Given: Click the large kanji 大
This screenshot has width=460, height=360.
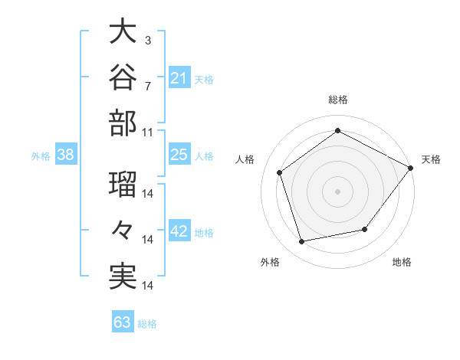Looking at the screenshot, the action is click(123, 31).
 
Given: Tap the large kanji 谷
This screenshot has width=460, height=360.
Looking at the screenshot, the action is click(123, 77).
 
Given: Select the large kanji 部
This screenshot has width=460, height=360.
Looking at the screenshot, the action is click(123, 123).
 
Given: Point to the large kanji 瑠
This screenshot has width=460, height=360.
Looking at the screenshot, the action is click(123, 184).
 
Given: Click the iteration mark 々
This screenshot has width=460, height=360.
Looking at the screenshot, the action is click(123, 230).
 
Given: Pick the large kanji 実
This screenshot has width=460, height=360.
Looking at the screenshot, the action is click(123, 276).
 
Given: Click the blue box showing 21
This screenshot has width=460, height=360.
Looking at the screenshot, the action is click(179, 77).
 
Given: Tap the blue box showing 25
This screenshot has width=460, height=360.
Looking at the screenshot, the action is click(179, 153).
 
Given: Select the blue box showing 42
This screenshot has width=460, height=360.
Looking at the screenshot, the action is click(179, 230).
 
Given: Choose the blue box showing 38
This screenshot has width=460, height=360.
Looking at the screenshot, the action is click(66, 153).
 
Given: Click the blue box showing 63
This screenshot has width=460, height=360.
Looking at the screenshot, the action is click(123, 321).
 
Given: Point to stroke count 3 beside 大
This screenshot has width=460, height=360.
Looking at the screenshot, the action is click(148, 41).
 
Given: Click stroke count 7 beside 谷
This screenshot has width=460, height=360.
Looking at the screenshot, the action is click(148, 87).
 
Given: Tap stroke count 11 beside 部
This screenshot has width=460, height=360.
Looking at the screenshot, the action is click(147, 133).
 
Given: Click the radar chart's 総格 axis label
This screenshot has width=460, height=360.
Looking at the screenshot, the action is click(338, 100).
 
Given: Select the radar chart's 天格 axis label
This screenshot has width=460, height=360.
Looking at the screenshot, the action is click(431, 159).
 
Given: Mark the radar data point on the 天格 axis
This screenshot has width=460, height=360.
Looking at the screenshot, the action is click(410, 168).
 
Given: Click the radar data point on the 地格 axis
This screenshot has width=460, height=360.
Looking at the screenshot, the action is click(365, 229).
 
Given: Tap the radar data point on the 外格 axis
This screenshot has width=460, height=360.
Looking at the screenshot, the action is click(301, 242).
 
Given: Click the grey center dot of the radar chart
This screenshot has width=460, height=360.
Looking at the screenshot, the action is click(337, 191).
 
